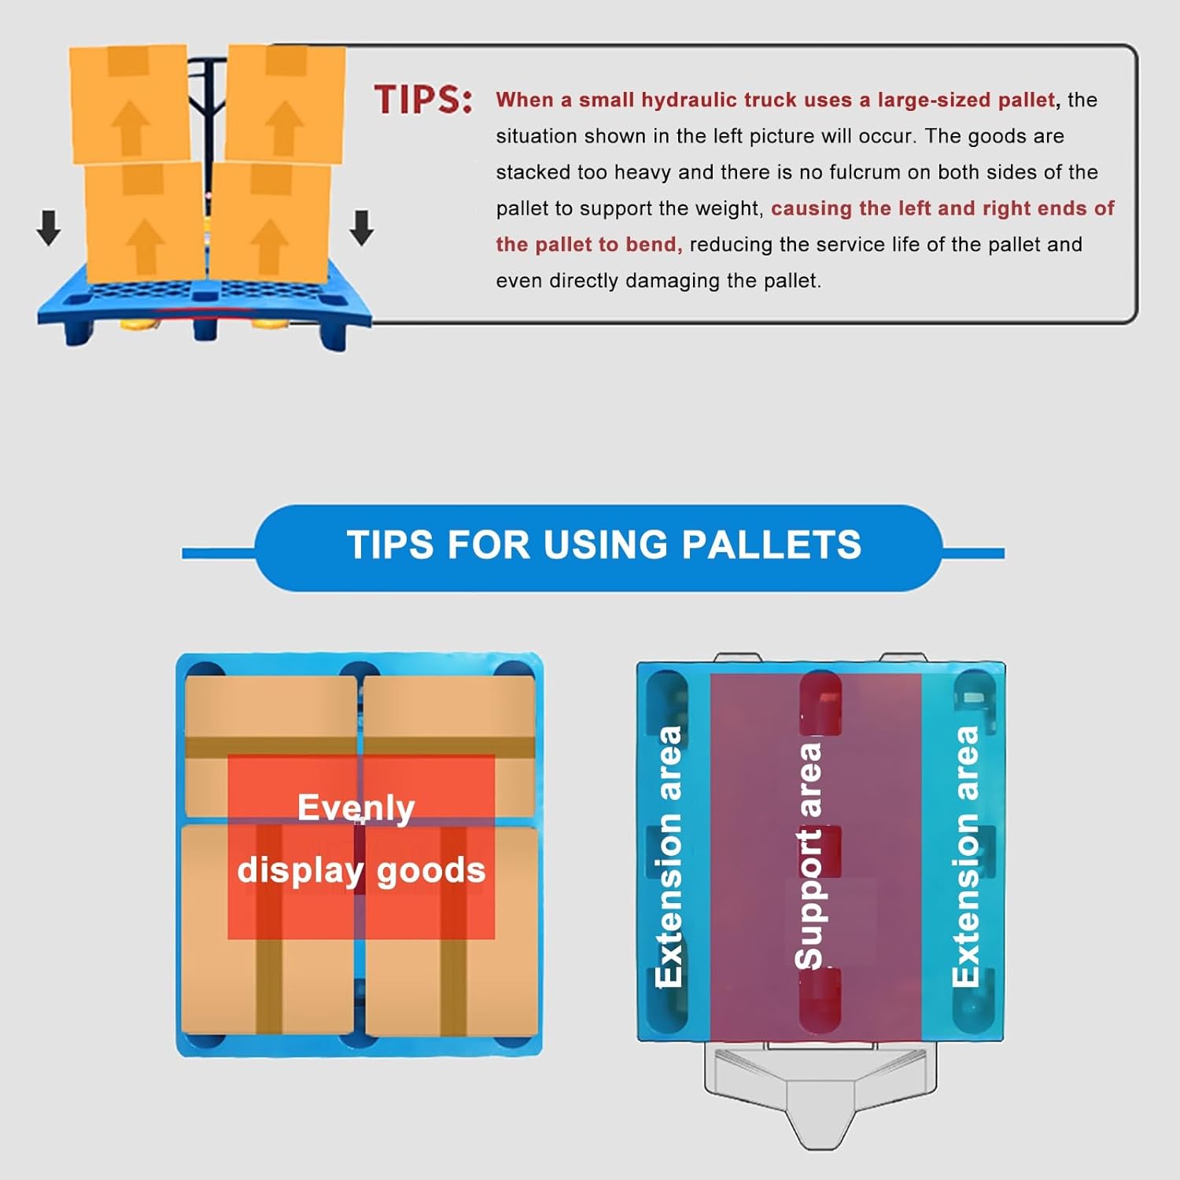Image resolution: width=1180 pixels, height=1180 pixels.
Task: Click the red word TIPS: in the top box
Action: click(x=423, y=100)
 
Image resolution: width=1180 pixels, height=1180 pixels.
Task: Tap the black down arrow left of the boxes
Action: click(x=49, y=227)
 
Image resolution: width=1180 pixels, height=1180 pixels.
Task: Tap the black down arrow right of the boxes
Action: click(x=361, y=227)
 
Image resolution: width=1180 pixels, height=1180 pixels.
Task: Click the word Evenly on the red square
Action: click(x=356, y=808)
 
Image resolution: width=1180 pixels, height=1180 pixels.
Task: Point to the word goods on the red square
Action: click(x=431, y=871)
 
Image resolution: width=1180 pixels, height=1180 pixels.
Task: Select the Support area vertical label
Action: click(x=809, y=855)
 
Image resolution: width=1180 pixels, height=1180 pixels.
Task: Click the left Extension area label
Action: click(x=669, y=856)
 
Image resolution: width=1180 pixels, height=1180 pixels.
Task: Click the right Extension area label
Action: click(x=965, y=856)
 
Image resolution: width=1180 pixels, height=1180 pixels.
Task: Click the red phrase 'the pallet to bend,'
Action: click(x=588, y=245)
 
